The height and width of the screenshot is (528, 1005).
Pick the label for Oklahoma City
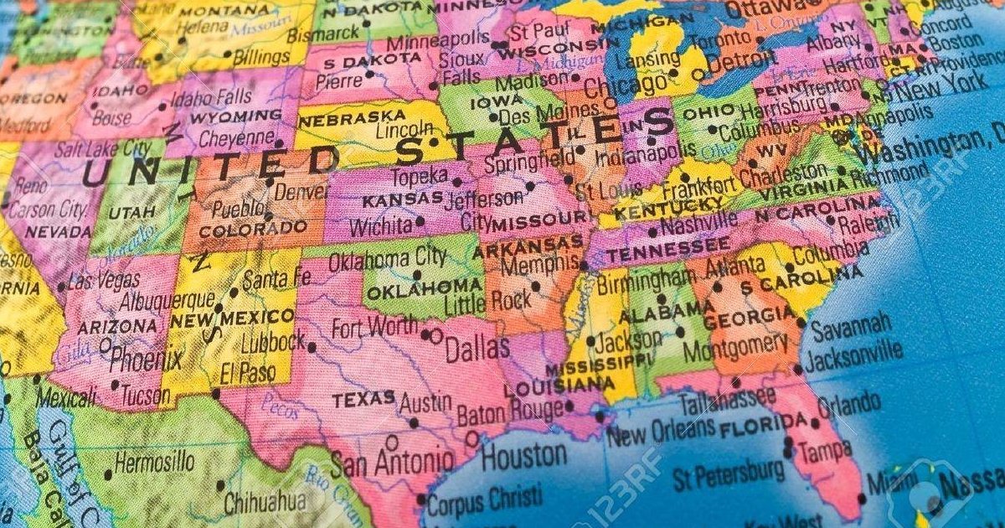pyautogui.click(x=387, y=259)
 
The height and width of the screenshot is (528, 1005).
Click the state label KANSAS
pyautogui.click(x=402, y=199)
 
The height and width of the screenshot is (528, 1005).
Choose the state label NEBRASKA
pyautogui.click(x=340, y=118)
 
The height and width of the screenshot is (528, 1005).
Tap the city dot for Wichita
pyautogui.click(x=419, y=222)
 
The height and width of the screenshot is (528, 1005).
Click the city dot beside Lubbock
pyautogui.click(x=312, y=347)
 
